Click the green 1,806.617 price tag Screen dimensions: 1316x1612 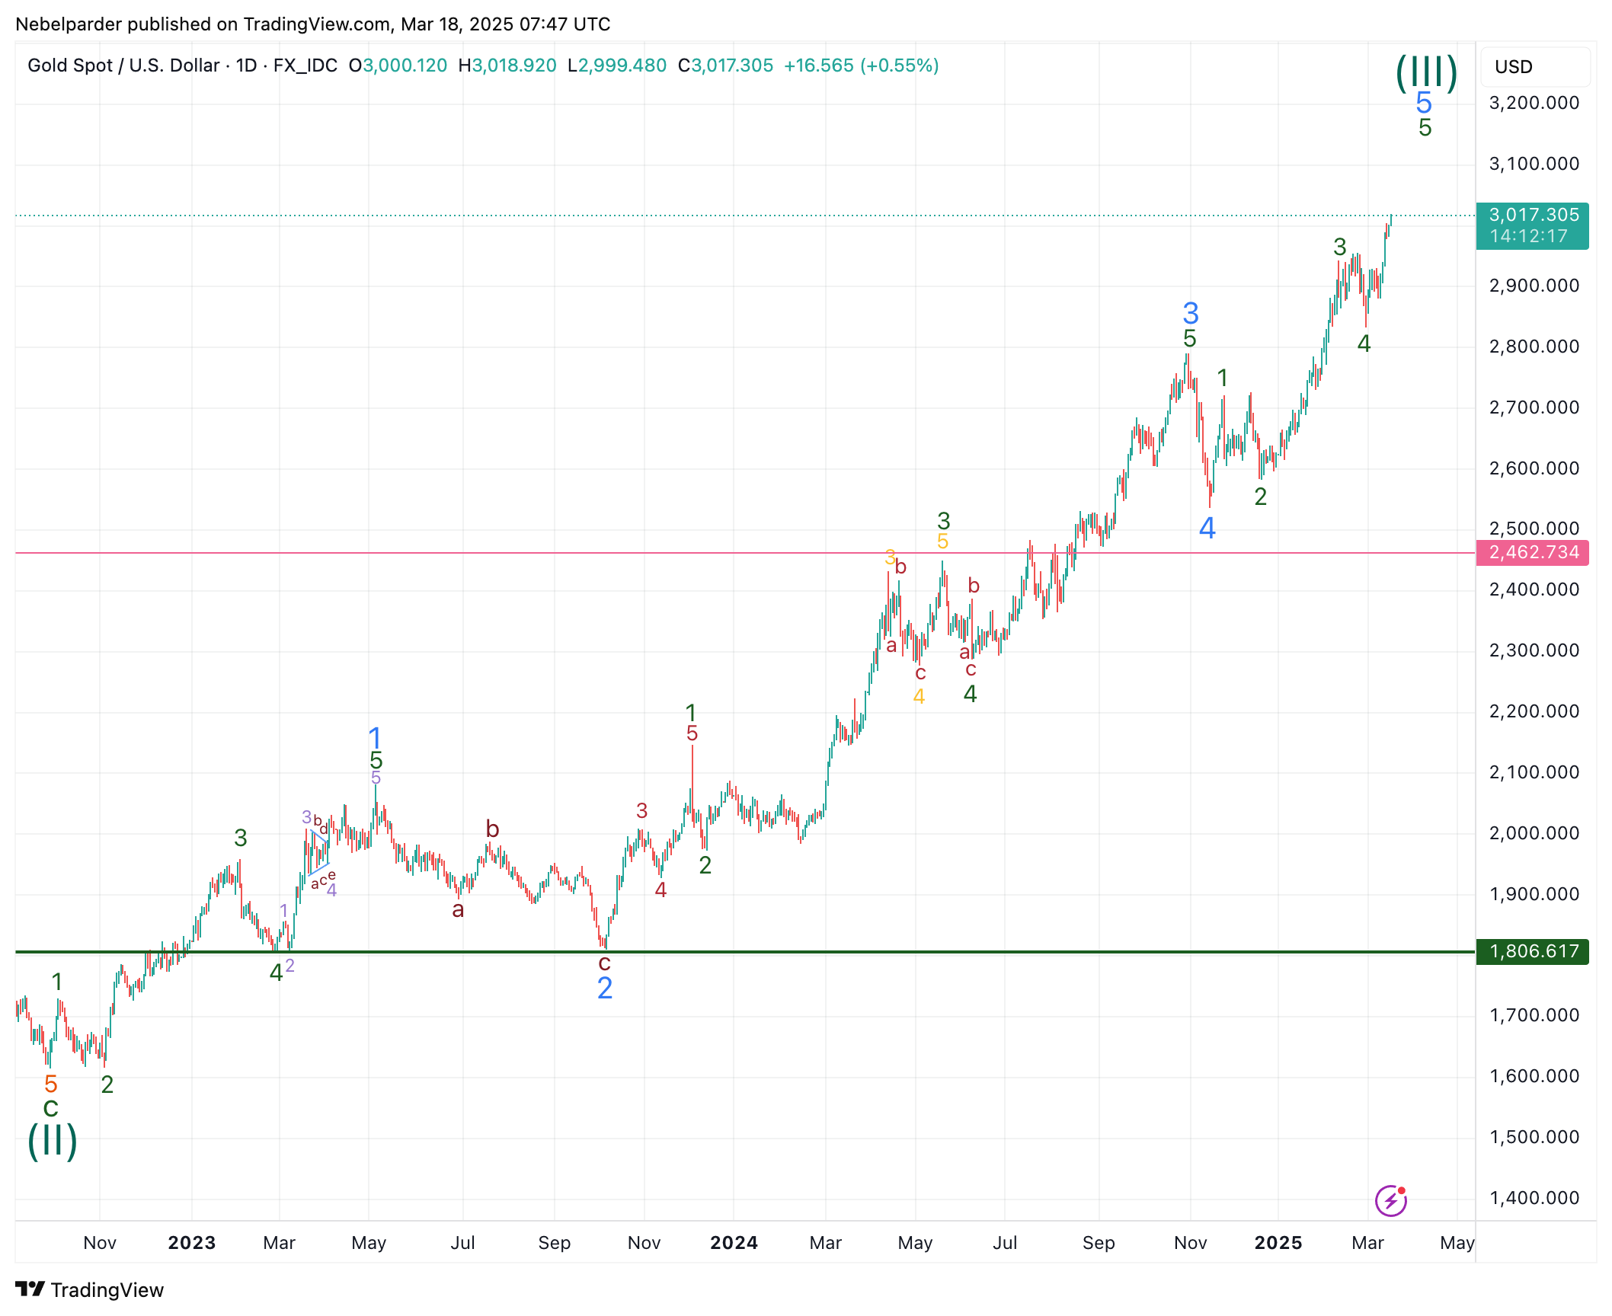[1532, 951]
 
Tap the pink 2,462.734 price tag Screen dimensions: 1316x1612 [1532, 552]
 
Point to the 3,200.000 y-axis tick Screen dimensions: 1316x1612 [1534, 103]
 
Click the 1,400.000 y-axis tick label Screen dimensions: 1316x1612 [1534, 1198]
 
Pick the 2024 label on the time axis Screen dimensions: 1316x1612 [734, 1243]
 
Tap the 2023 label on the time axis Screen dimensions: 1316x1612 [192, 1243]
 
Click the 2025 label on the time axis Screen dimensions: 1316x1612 [1278, 1243]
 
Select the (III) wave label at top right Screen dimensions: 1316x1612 [1426, 73]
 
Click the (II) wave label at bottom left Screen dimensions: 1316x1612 [53, 1141]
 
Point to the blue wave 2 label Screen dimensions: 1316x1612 [605, 989]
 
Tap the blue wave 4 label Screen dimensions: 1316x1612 [1207, 528]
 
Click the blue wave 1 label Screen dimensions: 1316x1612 [375, 737]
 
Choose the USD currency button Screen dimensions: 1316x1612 [1513, 67]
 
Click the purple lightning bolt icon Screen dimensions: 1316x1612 [1391, 1201]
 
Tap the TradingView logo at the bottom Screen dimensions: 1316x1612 [90, 1290]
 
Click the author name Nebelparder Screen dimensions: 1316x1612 [69, 24]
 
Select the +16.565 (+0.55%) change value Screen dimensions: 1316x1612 [861, 65]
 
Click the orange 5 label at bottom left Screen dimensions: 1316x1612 [51, 1084]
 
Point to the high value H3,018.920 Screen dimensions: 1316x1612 [507, 65]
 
